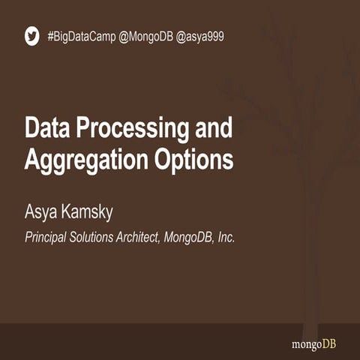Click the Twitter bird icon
click(x=31, y=36)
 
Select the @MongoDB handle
click(x=145, y=36)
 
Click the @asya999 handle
click(x=201, y=36)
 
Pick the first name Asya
click(x=42, y=214)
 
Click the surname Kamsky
click(x=88, y=214)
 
